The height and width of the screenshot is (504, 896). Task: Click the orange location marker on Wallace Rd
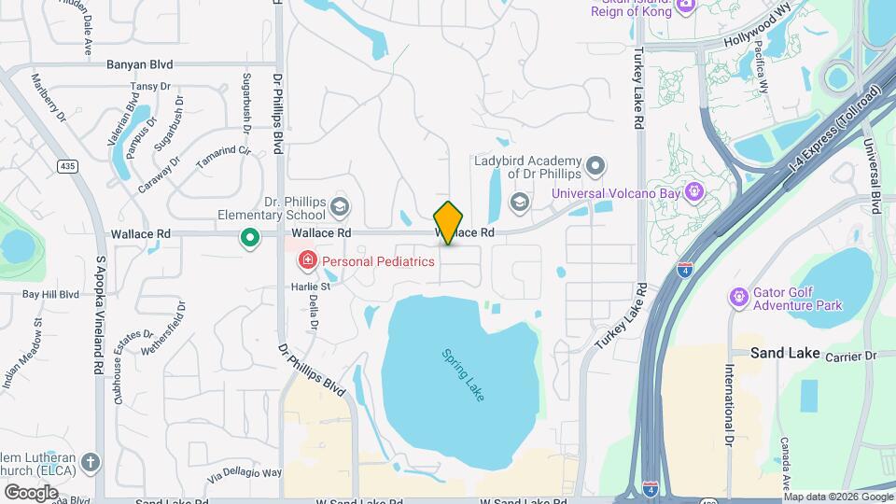[x=449, y=222]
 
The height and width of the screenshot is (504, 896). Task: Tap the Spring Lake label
[x=462, y=374]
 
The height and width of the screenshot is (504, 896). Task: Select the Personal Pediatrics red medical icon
[x=305, y=260]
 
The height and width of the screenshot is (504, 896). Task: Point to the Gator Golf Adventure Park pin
[x=739, y=297]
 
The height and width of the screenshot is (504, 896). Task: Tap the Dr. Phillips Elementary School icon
[x=340, y=205]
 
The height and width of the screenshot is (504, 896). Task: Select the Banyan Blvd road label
[x=140, y=65]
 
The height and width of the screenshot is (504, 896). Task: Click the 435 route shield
[x=65, y=166]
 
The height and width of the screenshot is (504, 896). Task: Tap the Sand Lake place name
[x=785, y=354]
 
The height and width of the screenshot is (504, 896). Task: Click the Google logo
[x=31, y=491]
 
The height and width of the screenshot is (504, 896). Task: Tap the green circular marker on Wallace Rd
[x=249, y=237]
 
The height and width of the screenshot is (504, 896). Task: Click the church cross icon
[x=90, y=463]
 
